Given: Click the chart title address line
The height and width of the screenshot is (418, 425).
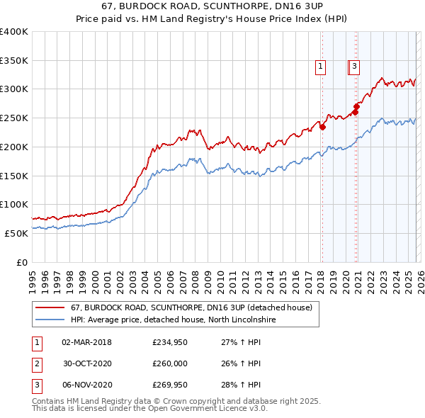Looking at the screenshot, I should pos(212,7).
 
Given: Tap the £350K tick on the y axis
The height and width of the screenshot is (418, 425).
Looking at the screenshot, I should pos(14,61).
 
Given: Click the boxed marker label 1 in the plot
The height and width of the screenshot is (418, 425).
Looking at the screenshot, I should pos(321,67).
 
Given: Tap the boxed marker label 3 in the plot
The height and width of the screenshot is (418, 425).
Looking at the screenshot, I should pos(354,67).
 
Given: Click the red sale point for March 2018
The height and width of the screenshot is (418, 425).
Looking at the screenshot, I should pos(322,128).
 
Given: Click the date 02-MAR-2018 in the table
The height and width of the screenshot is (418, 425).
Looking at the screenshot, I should pos(86,342).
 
